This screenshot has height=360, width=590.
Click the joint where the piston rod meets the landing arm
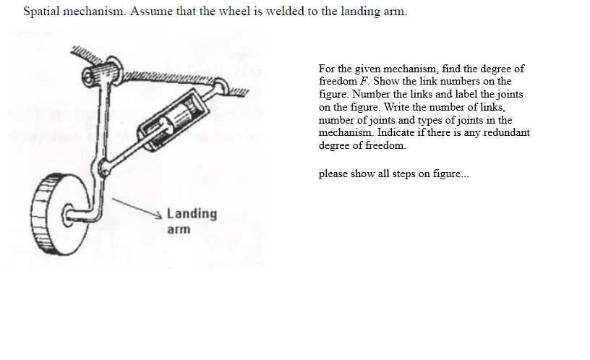(x=106, y=169)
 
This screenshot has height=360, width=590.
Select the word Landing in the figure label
(x=192, y=214)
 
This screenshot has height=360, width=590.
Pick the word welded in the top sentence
(x=285, y=12)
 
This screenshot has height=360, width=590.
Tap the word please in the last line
(x=333, y=173)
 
